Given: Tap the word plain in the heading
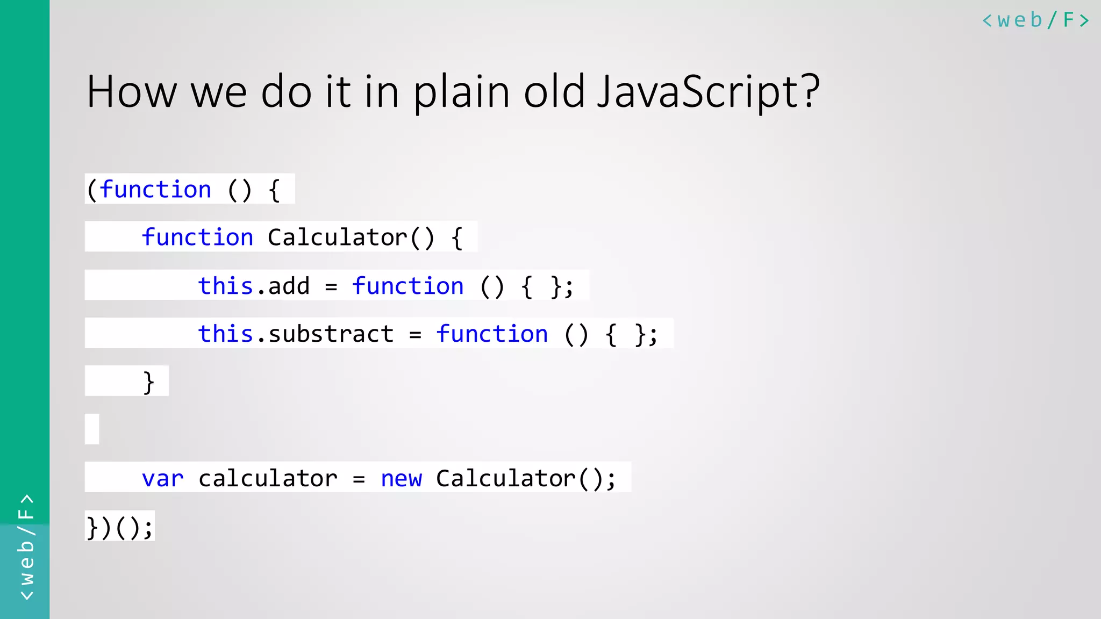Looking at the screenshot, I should click(461, 92).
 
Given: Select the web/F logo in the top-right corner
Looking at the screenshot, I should click(1035, 20).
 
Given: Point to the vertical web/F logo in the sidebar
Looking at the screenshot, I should click(26, 547).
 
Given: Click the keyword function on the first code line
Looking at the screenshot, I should click(155, 190).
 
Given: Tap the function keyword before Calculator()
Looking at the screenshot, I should click(197, 237).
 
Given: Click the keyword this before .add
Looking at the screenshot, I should click(225, 286).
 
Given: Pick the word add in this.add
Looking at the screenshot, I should click(289, 286).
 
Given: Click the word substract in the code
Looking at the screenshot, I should click(331, 334).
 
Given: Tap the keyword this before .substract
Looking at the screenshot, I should click(225, 334).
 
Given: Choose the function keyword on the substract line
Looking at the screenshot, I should click(492, 334).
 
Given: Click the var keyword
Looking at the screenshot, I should click(162, 478).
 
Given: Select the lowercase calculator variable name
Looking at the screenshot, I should click(268, 478).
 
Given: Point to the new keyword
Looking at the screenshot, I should click(401, 478).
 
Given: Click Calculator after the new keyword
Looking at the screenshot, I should click(506, 478).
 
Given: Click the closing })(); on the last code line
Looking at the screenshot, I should click(120, 527).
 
